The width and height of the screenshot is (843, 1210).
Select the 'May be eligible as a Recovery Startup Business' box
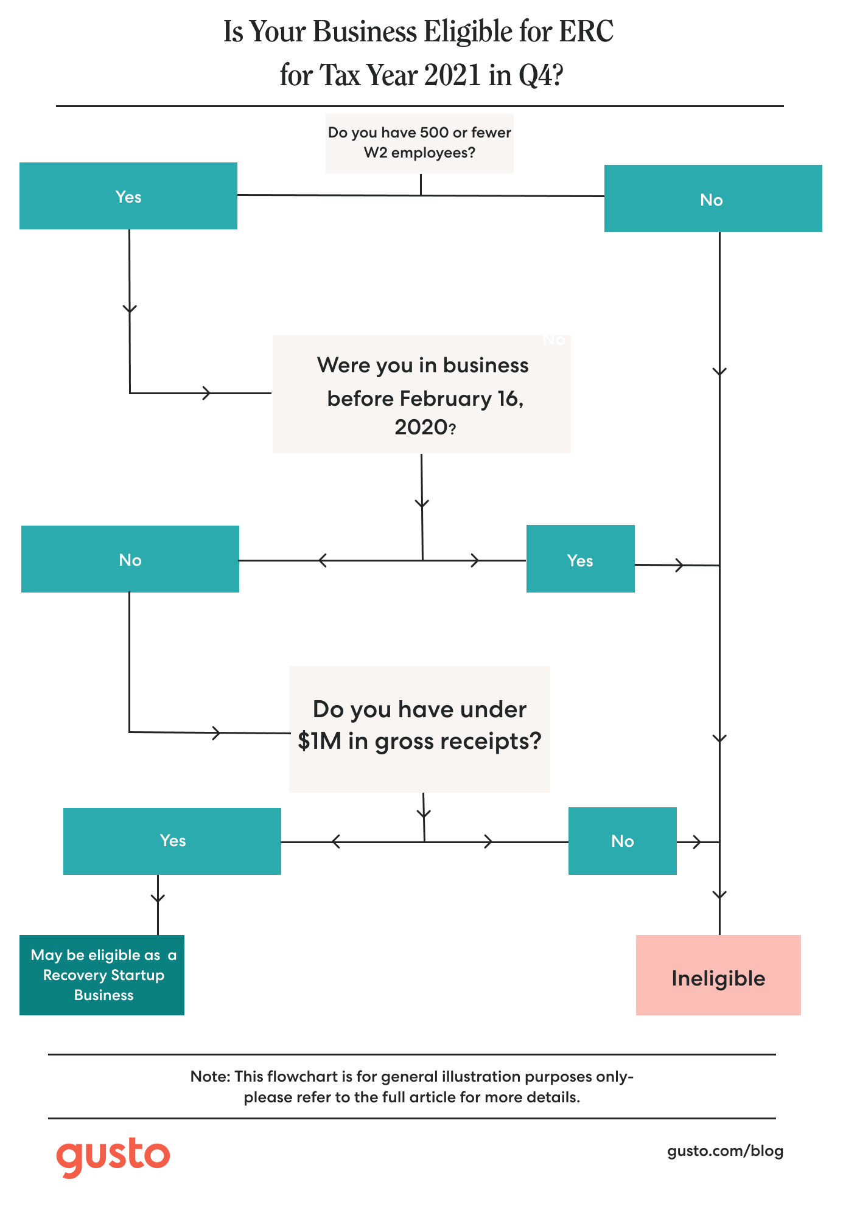pyautogui.click(x=102, y=975)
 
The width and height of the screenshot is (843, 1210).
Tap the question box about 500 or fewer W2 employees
pyautogui.click(x=419, y=143)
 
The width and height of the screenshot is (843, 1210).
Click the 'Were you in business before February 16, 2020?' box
pyautogui.click(x=421, y=394)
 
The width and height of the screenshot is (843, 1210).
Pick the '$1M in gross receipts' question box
pyautogui.click(x=419, y=729)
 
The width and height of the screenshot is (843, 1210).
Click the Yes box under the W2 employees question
pyautogui.click(x=128, y=196)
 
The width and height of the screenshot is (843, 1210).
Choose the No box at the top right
pyautogui.click(x=713, y=198)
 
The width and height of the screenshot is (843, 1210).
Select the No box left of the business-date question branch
pyautogui.click(x=130, y=559)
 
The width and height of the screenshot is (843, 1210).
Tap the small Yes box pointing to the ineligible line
pyautogui.click(x=580, y=559)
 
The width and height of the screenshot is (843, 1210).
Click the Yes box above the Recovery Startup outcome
pyautogui.click(x=172, y=841)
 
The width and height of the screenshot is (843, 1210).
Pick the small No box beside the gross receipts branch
pyautogui.click(x=622, y=841)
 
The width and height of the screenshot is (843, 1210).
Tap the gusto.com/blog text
pyautogui.click(x=725, y=1150)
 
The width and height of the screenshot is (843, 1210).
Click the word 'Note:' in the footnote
pyautogui.click(x=210, y=1076)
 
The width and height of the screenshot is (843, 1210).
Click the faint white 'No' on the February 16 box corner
pyautogui.click(x=554, y=339)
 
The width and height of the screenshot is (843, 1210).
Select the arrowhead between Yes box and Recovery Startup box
pyautogui.click(x=158, y=898)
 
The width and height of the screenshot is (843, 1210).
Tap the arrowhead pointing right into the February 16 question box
pyautogui.click(x=207, y=393)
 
